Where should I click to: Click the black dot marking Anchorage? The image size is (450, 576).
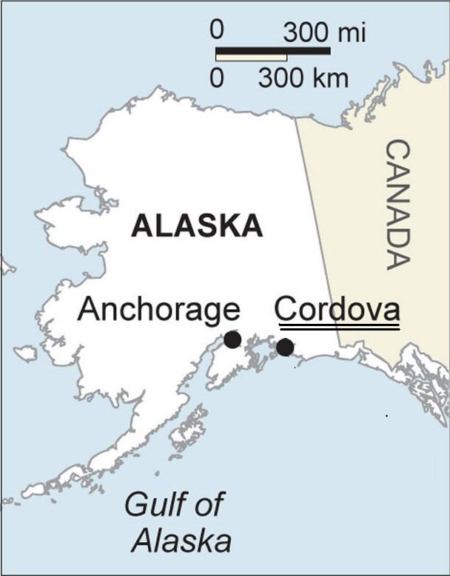[232, 339]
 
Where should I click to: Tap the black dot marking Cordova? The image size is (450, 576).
[285, 347]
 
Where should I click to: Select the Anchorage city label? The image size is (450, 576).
[158, 309]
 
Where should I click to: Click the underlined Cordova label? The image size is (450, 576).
[337, 308]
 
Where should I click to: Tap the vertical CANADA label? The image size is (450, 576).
[397, 205]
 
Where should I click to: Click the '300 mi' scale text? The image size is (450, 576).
[324, 33]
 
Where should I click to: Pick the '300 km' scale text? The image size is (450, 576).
[303, 78]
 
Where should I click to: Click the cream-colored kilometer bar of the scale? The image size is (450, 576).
[251, 57]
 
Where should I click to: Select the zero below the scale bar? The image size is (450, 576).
[216, 78]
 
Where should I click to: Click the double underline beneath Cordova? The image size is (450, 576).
[337, 326]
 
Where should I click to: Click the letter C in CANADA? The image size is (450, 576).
[397, 152]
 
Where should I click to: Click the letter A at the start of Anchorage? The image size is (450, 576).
[88, 309]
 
